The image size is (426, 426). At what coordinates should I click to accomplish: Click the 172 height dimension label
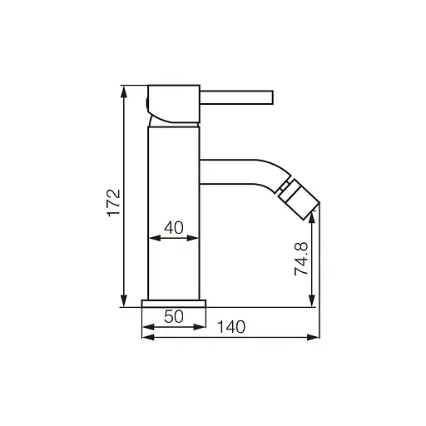point(114,203)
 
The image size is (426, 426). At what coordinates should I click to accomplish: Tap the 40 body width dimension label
point(174,227)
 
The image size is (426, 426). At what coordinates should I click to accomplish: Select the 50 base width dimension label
point(174,316)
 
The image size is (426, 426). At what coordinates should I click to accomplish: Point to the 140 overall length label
point(231,327)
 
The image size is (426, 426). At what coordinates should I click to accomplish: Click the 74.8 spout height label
point(301,259)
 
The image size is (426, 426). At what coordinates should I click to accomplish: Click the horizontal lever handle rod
point(236,97)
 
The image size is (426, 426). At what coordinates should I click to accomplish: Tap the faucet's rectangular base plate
point(174,304)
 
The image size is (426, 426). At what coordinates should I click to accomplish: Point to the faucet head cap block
point(174,104)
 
